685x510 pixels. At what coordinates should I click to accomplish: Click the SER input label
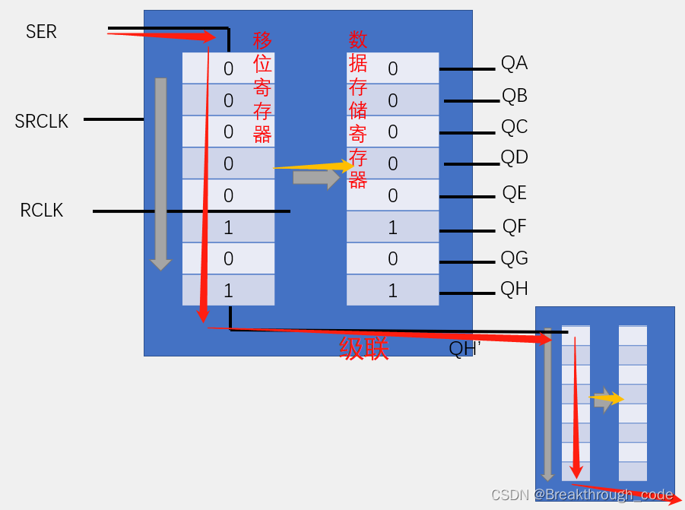pyautogui.click(x=41, y=32)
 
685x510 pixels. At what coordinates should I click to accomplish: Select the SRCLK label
pyautogui.click(x=41, y=121)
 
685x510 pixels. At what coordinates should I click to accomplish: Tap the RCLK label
pyautogui.click(x=42, y=211)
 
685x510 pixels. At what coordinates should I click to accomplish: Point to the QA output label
pyautogui.click(x=514, y=63)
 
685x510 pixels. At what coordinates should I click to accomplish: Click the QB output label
pyautogui.click(x=515, y=96)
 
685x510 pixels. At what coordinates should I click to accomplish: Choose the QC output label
pyautogui.click(x=515, y=127)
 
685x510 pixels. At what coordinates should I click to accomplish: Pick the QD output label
pyautogui.click(x=515, y=158)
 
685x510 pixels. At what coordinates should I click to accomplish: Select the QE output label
pyautogui.click(x=515, y=193)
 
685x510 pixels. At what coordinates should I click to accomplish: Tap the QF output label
pyautogui.click(x=515, y=226)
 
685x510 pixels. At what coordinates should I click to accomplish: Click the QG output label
pyautogui.click(x=515, y=258)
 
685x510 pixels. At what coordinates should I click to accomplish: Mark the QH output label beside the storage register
pyautogui.click(x=515, y=290)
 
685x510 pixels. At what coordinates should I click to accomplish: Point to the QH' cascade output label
pyautogui.click(x=465, y=349)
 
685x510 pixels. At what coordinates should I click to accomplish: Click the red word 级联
pyautogui.click(x=364, y=349)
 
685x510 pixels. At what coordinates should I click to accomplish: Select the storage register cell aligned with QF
pyautogui.click(x=392, y=227)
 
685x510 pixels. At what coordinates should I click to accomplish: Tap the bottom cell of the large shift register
pyautogui.click(x=228, y=290)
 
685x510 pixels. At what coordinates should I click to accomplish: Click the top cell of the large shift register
pyautogui.click(x=228, y=68)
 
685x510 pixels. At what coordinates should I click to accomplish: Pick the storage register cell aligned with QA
pyautogui.click(x=392, y=68)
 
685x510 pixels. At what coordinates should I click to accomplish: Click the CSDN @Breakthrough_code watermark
pyautogui.click(x=582, y=495)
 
